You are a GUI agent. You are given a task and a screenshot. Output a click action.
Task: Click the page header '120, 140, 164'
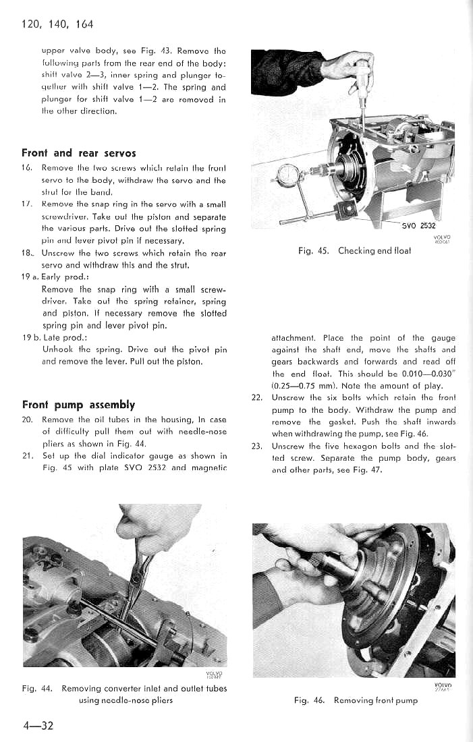coord(57,25)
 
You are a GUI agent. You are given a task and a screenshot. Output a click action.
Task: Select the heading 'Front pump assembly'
coord(79,405)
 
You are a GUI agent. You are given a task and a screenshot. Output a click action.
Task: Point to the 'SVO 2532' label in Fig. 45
coord(420,226)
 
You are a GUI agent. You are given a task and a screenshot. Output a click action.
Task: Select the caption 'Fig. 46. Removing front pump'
coord(356,700)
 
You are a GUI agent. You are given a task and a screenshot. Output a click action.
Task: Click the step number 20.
coord(28,419)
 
